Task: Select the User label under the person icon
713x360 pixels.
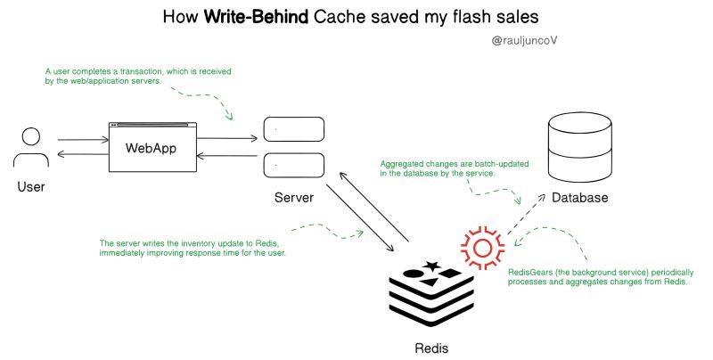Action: [31, 187]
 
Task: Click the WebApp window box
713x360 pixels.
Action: [152, 147]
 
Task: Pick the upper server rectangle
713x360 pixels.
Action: [291, 131]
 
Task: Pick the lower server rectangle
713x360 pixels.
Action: [291, 166]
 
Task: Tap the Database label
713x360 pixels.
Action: [579, 197]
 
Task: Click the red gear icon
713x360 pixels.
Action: [482, 245]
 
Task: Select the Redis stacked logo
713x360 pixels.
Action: [432, 293]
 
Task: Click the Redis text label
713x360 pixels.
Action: [432, 347]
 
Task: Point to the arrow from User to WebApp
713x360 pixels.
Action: [82, 139]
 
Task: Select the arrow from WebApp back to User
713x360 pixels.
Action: [82, 155]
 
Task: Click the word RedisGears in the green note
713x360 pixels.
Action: [532, 272]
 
